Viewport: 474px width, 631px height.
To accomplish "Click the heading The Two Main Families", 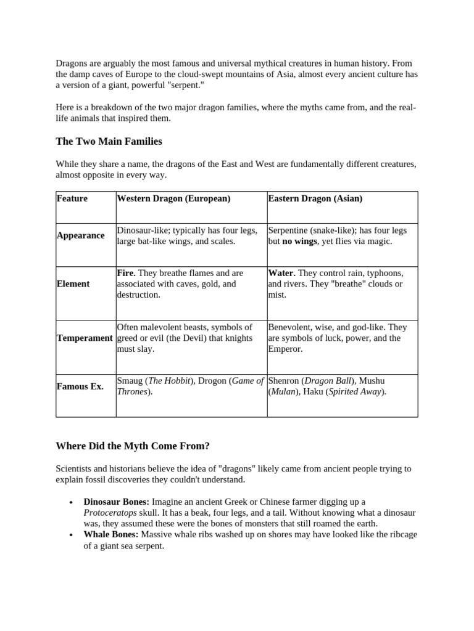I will (109, 142).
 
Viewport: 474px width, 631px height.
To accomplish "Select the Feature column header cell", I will (72, 198).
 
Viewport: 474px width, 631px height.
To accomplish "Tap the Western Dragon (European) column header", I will (173, 198).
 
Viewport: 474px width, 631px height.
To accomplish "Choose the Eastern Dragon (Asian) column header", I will (315, 198).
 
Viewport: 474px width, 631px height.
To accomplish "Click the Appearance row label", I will (80, 235).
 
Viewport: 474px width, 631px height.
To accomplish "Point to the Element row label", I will (73, 283).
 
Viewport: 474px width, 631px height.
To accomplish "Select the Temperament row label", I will (85, 338).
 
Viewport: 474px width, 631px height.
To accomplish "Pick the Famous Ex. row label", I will (80, 386).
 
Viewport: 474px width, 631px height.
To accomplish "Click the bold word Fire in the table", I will (125, 273).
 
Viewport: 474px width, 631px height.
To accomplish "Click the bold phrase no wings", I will (300, 242).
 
